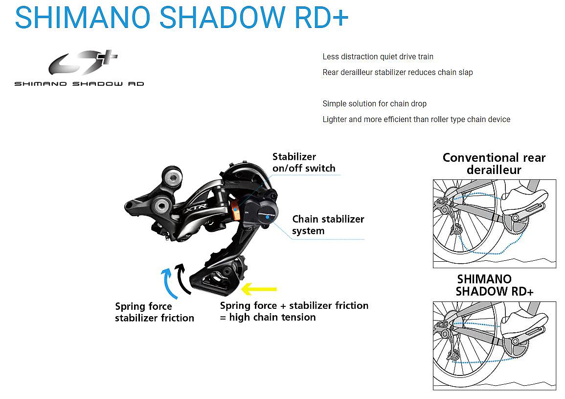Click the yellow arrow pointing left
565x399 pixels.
[x=259, y=289]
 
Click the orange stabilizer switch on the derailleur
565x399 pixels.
[x=235, y=209]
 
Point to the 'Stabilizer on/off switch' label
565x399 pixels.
[x=304, y=163]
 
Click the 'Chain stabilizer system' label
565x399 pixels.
[x=328, y=224]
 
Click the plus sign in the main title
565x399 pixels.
[x=339, y=17]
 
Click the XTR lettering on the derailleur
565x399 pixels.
[x=191, y=209]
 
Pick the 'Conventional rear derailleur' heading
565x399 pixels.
[x=494, y=164]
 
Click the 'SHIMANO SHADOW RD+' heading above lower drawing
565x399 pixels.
[x=494, y=285]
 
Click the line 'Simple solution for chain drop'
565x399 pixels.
[x=374, y=104]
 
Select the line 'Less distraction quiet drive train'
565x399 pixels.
[x=378, y=57]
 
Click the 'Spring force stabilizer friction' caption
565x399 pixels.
[x=154, y=312]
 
